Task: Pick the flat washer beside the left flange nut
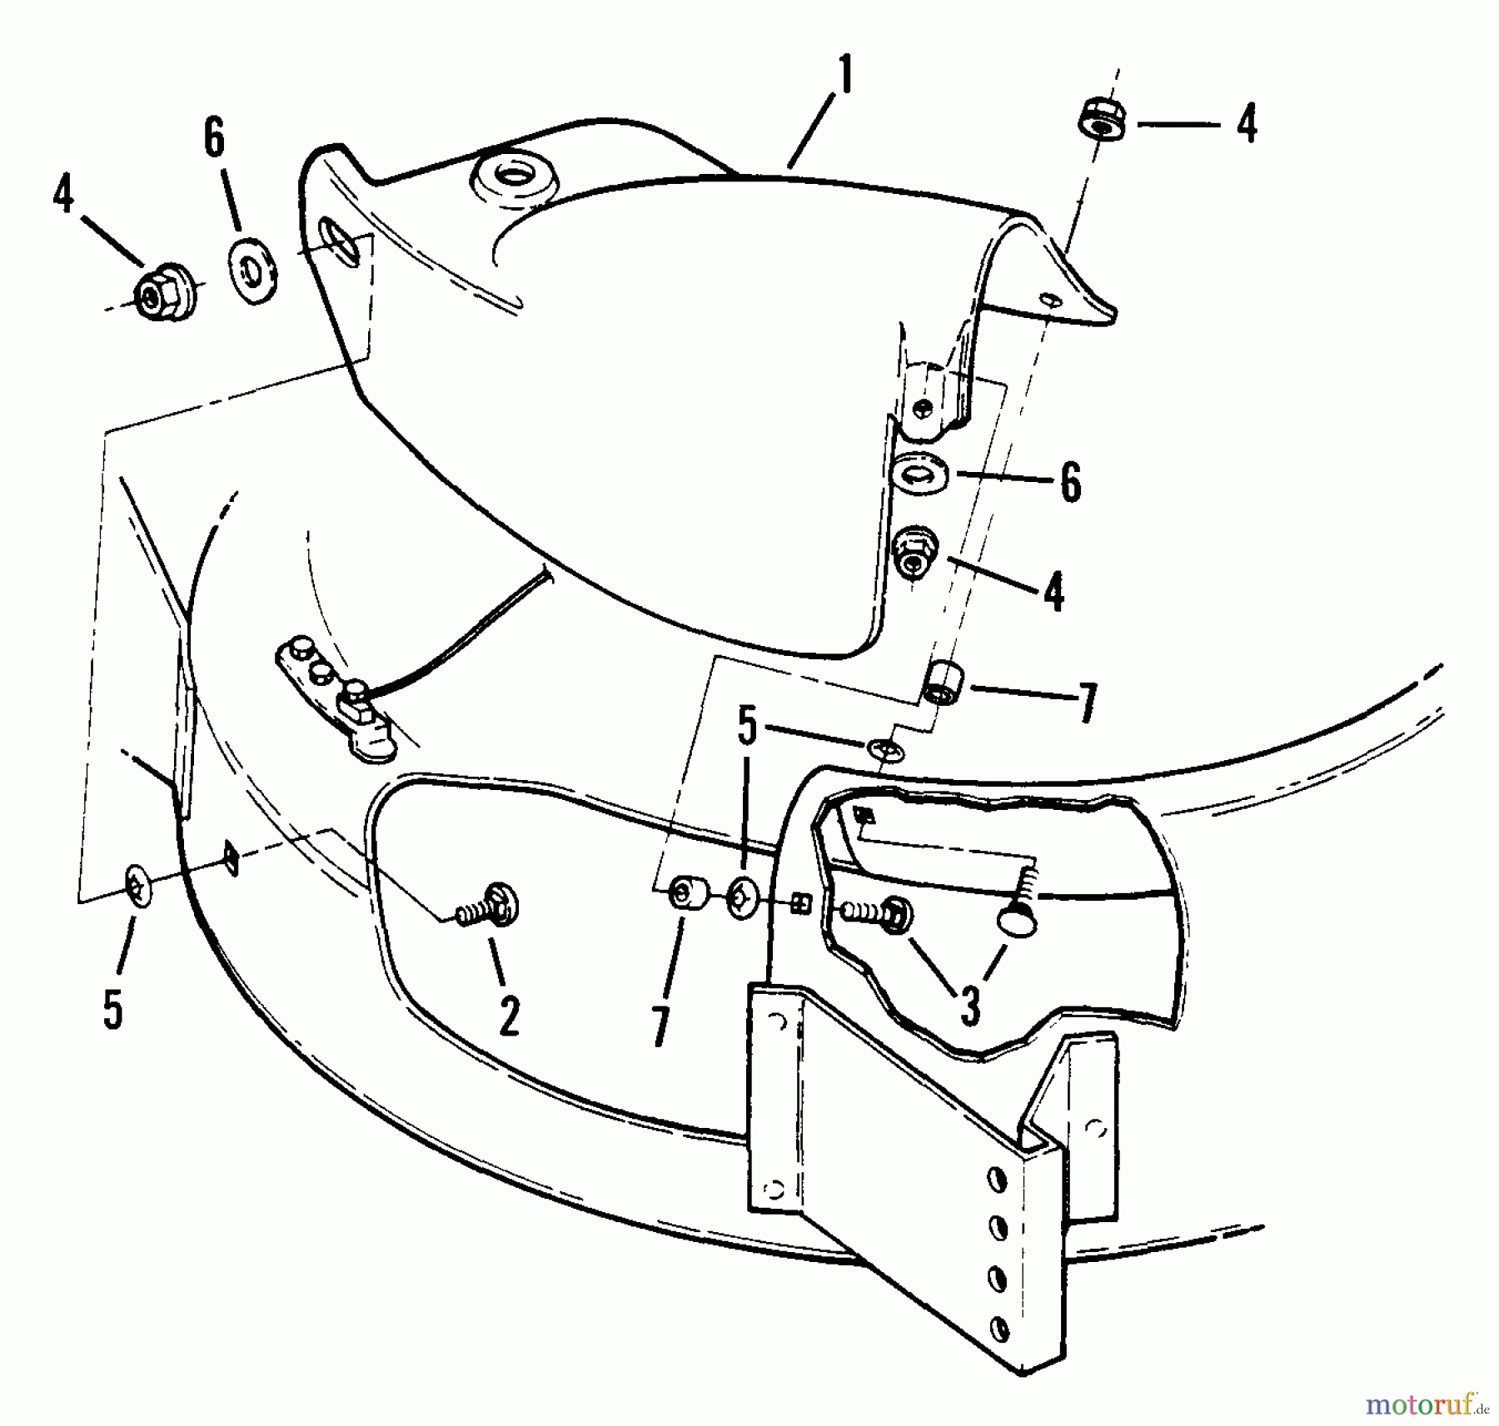pyautogui.click(x=251, y=271)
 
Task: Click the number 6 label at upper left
pyautogui.click(x=214, y=138)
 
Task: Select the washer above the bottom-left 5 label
pyautogui.click(x=137, y=890)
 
